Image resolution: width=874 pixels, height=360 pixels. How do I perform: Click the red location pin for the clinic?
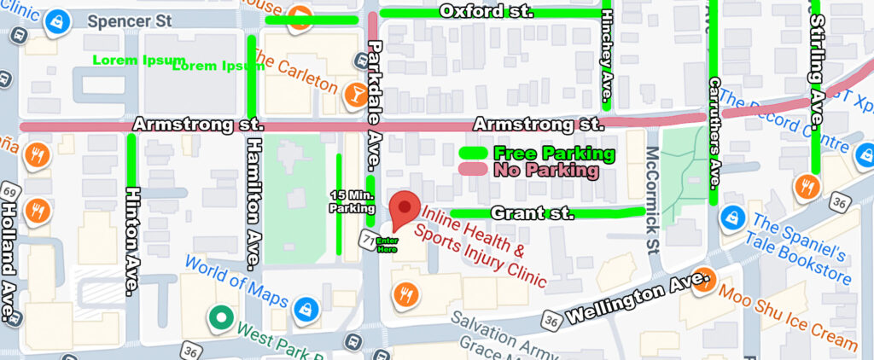tap(405, 209)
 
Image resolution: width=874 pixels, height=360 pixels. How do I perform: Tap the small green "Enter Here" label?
tap(387, 244)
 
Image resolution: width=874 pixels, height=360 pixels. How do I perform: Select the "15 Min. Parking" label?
tap(352, 201)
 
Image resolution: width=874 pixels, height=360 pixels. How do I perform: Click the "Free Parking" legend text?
tap(554, 154)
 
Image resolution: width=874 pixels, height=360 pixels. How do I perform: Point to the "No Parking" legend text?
tap(546, 170)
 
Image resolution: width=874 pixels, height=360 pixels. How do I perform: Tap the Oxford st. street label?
tap(486, 11)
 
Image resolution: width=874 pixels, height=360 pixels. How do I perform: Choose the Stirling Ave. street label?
tap(817, 72)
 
